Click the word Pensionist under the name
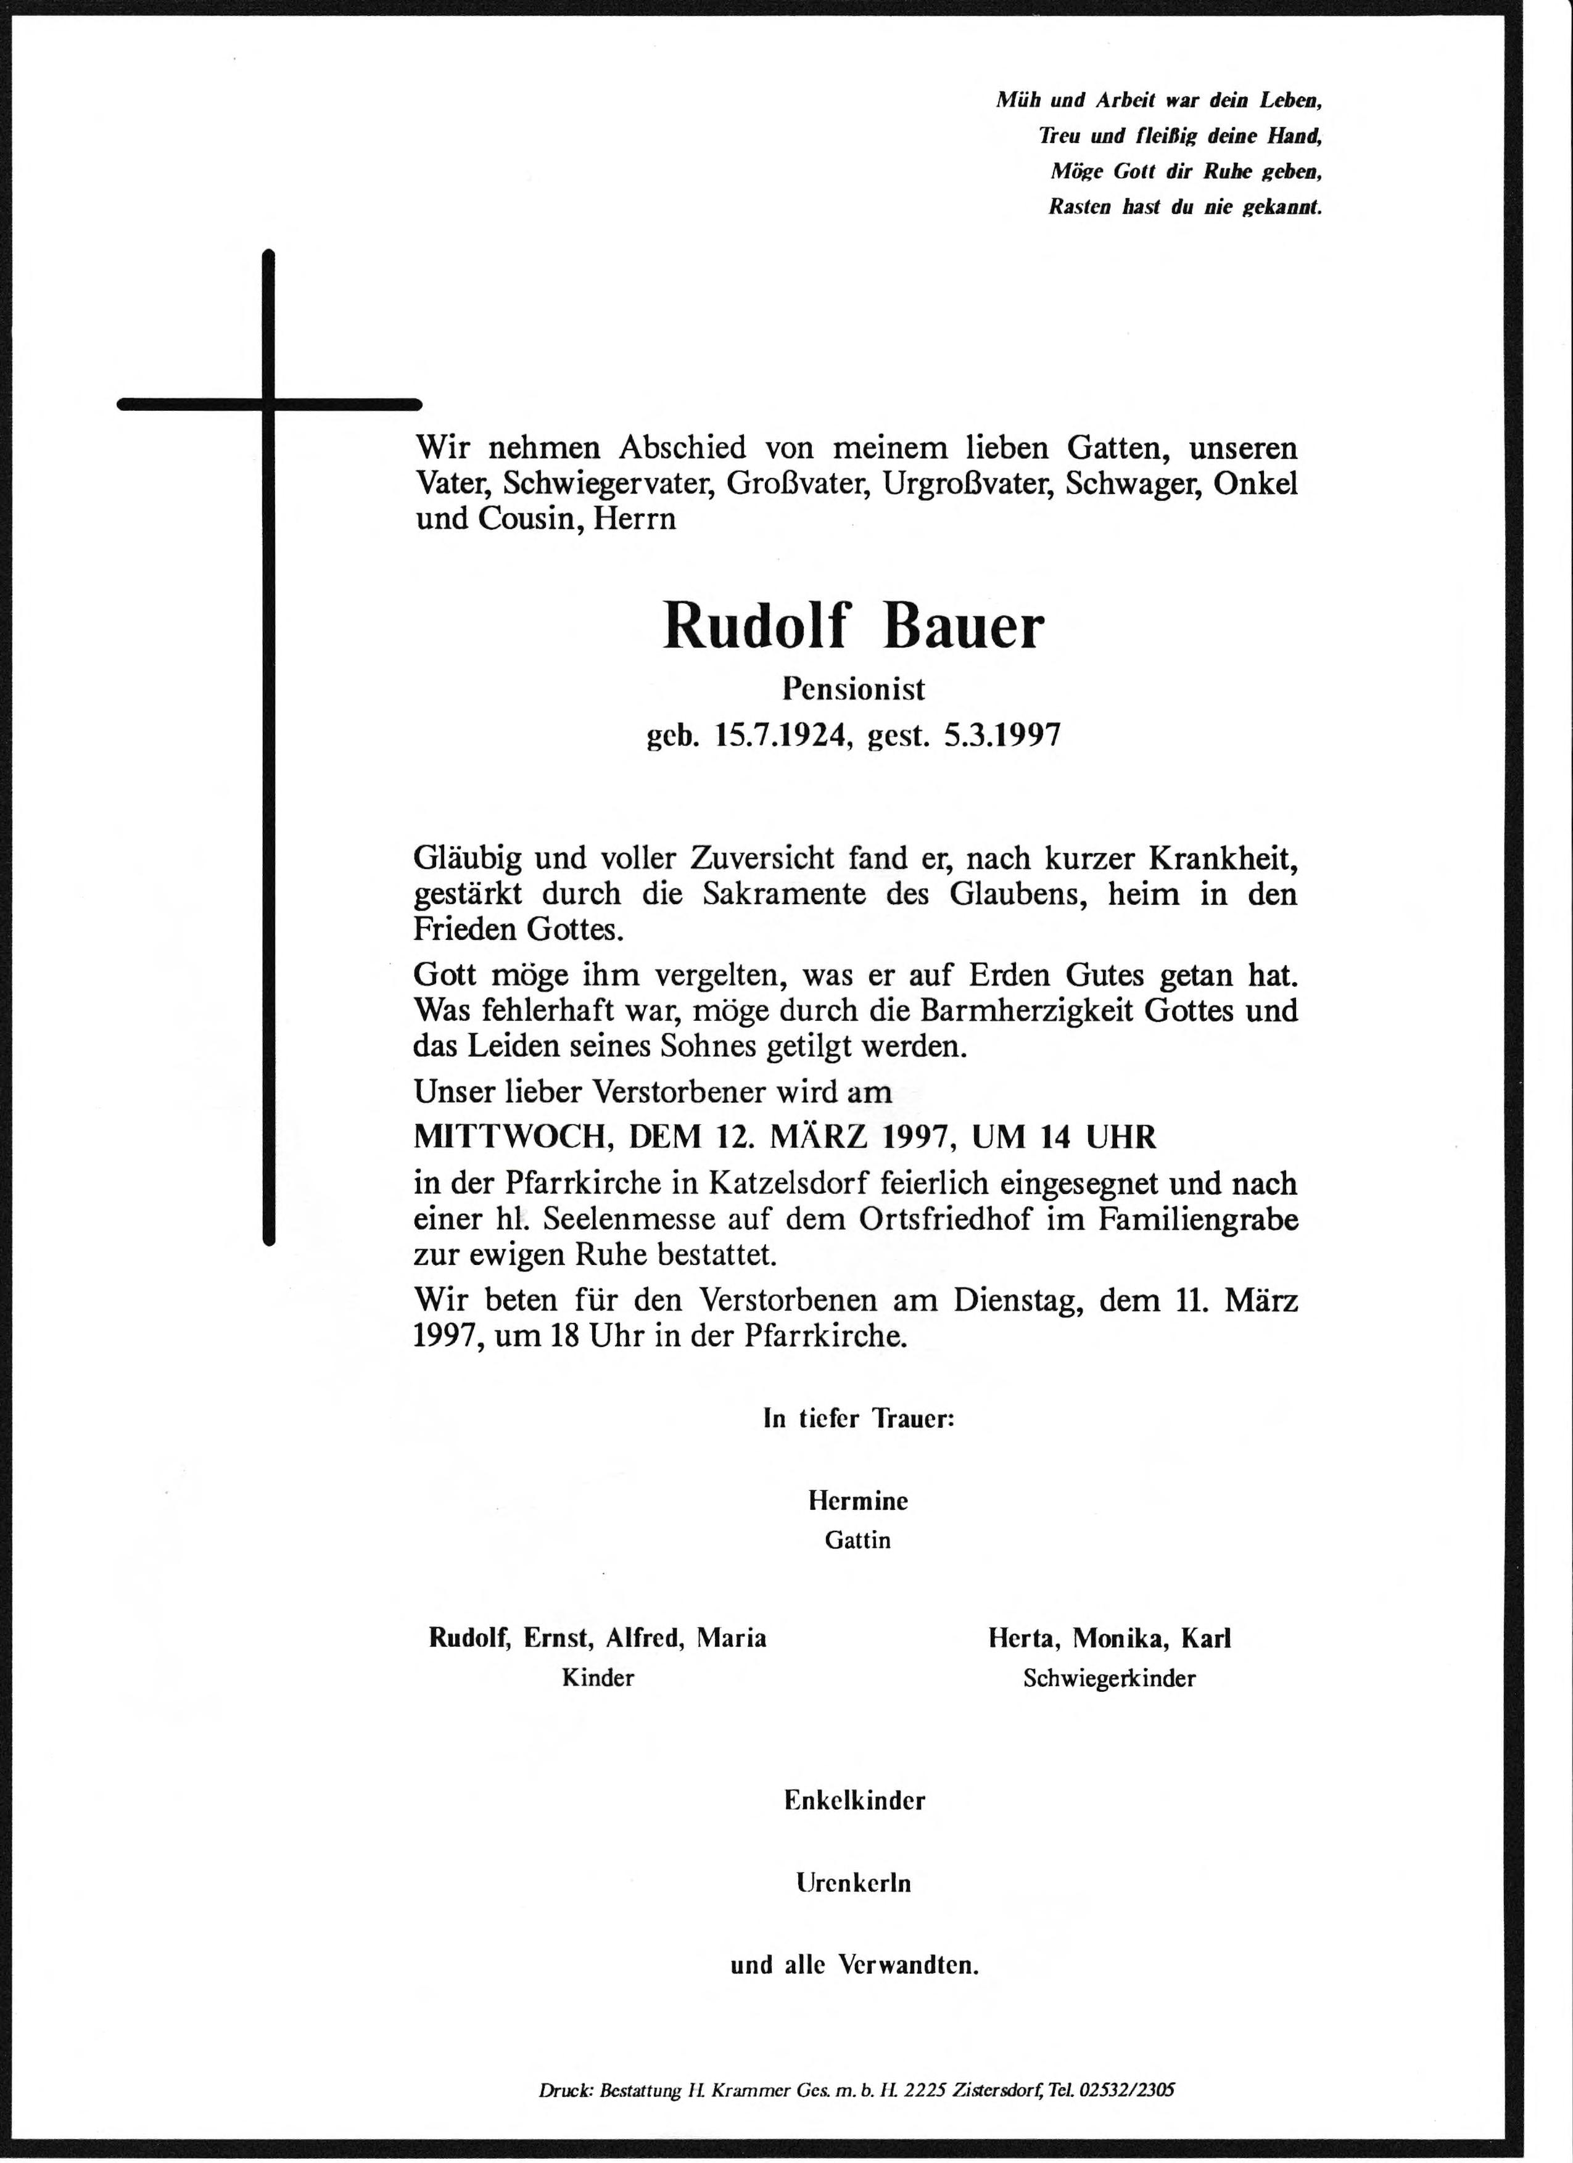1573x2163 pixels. click(x=854, y=688)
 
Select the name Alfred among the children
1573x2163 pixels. click(x=646, y=1639)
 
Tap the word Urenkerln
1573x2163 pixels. click(x=854, y=1884)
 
